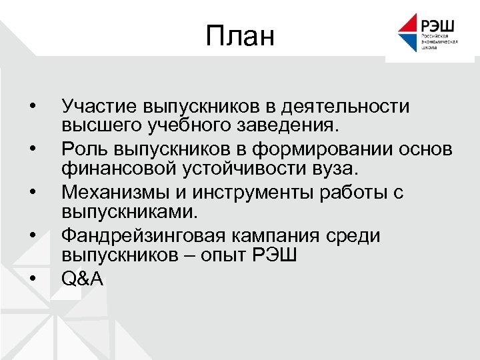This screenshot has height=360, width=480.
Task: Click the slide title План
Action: (240, 36)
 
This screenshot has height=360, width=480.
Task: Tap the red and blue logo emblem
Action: (407, 33)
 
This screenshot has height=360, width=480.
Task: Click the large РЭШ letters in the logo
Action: (437, 25)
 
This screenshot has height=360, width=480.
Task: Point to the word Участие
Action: (97, 106)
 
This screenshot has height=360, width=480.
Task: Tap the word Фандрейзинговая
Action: (144, 236)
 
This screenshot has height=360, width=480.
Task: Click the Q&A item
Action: (82, 279)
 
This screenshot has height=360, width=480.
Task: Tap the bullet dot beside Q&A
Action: (31, 279)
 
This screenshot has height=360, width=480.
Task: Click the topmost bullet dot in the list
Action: (31, 106)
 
